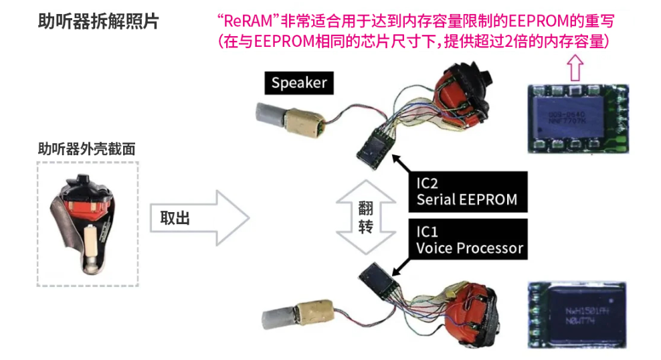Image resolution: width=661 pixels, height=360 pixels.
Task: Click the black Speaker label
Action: pyautogui.click(x=299, y=83)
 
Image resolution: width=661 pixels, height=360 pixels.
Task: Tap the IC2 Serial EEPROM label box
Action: pyautogui.click(x=466, y=191)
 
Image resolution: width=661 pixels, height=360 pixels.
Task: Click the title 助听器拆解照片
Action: pyautogui.click(x=98, y=21)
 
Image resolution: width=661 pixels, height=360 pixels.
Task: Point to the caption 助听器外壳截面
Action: pyautogui.click(x=86, y=149)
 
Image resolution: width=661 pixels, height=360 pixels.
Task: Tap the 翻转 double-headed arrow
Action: pyautogui.click(x=365, y=217)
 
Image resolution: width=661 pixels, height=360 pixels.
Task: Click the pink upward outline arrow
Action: pyautogui.click(x=575, y=67)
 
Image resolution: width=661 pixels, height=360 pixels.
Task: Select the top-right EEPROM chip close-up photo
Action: pyautogui.click(x=576, y=117)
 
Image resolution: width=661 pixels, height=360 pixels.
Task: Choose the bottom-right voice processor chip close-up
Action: pyautogui.click(x=577, y=314)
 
